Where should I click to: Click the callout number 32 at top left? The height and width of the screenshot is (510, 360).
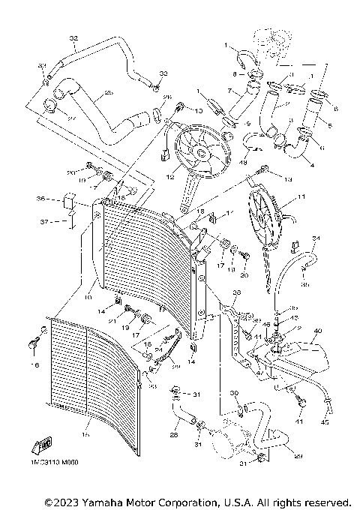(73, 37)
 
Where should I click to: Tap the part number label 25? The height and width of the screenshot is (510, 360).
(108, 93)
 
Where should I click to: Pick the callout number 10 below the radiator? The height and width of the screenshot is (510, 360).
(89, 285)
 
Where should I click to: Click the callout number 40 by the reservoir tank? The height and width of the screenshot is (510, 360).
(317, 331)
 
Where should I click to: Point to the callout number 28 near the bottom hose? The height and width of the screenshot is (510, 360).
(173, 433)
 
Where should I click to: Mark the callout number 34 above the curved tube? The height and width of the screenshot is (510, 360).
(316, 239)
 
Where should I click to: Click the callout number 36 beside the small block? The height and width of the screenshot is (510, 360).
(41, 199)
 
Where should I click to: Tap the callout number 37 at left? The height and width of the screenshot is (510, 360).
(42, 222)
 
